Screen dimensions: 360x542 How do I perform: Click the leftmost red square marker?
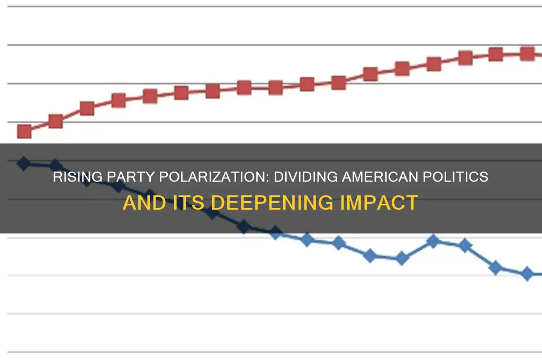click(x=24, y=131)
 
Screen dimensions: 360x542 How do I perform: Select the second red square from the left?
click(x=56, y=121)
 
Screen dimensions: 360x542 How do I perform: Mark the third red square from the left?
click(x=87, y=109)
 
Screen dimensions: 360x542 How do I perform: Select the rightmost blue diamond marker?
click(x=527, y=274)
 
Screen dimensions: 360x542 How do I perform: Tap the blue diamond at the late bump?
click(x=433, y=241)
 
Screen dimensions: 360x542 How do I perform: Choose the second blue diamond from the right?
click(x=495, y=267)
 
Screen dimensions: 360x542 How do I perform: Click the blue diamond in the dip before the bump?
click(x=402, y=259)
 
